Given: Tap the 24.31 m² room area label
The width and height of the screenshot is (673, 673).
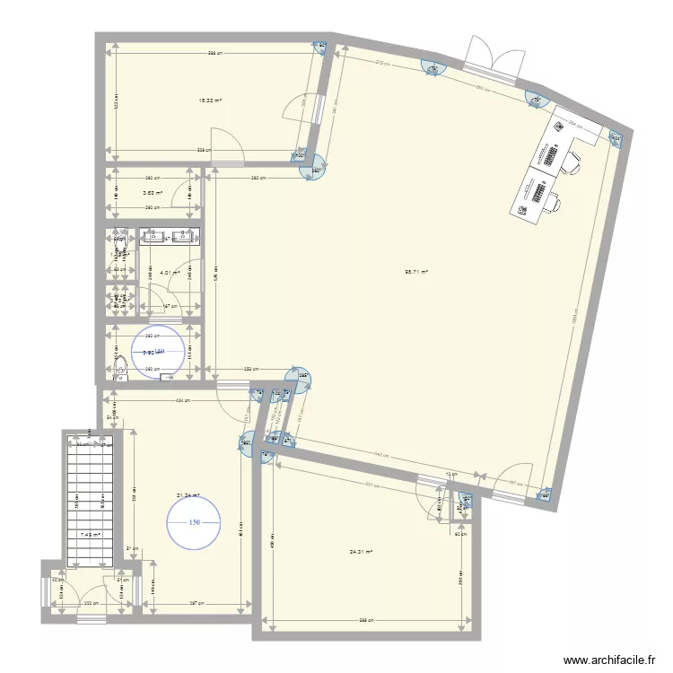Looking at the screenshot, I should point(362,552).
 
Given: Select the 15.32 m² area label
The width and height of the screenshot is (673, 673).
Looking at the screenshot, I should point(210,101).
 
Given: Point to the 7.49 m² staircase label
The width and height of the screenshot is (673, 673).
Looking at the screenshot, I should point(91,536).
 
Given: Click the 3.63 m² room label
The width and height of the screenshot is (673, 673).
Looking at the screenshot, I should point(153,192).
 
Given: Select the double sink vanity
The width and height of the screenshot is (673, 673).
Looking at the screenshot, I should point(169,237).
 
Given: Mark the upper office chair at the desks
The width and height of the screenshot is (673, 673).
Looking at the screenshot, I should point(571,162).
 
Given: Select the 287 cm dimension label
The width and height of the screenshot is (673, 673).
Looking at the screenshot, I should point(191,603).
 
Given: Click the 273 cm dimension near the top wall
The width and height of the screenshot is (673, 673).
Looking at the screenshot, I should point(380,64).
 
